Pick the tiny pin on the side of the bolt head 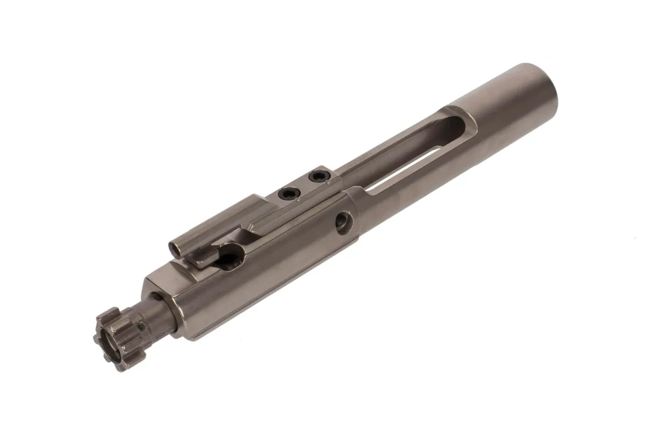coord(141,326)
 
